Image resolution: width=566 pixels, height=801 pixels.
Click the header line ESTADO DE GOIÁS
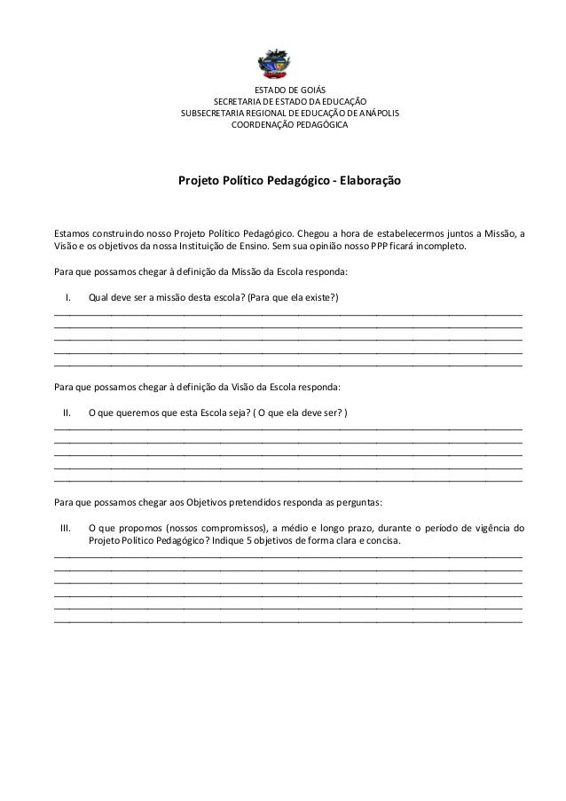(x=290, y=90)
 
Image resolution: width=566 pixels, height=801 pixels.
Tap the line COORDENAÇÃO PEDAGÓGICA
(x=290, y=125)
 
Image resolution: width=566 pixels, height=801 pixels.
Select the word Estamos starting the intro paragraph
(x=75, y=234)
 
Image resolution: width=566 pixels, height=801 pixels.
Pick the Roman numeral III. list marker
(x=65, y=529)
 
